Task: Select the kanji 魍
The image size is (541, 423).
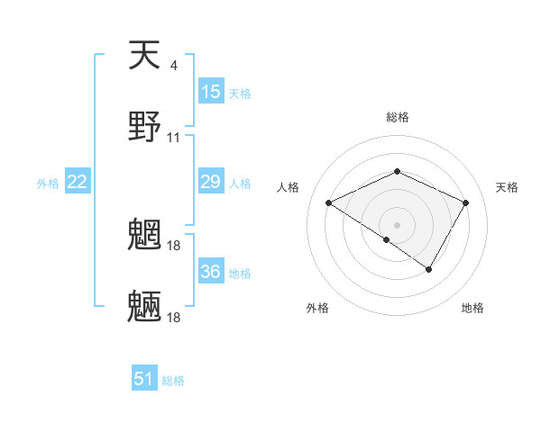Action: (145, 235)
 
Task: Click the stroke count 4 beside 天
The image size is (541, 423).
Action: (173, 66)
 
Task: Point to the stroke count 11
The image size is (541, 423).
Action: (174, 138)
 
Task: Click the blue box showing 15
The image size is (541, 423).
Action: (211, 92)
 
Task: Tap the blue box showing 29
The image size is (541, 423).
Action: (211, 182)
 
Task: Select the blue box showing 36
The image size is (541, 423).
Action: (211, 271)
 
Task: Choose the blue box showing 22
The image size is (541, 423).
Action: (78, 182)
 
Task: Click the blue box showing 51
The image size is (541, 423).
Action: (144, 379)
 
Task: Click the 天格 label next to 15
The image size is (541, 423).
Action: (240, 94)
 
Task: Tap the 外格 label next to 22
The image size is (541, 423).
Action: (48, 184)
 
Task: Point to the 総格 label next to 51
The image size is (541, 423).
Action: (173, 381)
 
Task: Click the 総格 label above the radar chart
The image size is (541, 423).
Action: (397, 117)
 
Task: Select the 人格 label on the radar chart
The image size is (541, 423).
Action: (289, 187)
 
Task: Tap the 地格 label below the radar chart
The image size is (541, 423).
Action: (472, 308)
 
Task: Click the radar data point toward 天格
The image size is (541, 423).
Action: (466, 202)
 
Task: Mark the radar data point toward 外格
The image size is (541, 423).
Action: (387, 239)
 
